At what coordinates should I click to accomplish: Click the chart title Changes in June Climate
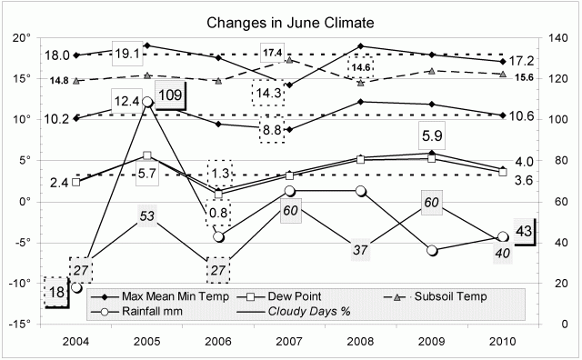tap(291, 20)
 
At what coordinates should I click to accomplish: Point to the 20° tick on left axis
tap(21, 37)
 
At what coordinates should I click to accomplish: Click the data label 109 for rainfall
tap(169, 95)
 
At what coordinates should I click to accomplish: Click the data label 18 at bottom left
tap(56, 292)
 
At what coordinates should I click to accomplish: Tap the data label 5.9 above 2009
tap(431, 135)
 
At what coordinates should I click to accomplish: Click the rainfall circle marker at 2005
tap(147, 102)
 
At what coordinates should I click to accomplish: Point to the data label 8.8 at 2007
tap(270, 129)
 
